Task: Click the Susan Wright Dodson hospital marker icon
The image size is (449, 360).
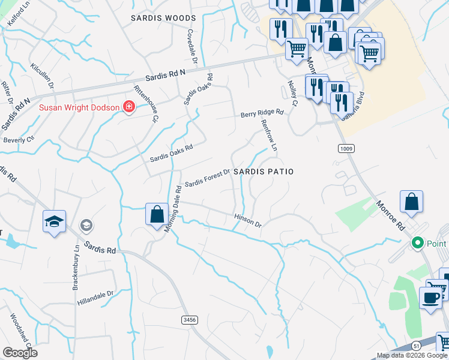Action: (128, 107)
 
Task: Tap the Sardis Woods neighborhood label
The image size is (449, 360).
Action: (163, 19)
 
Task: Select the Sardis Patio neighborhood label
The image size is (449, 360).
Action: (264, 172)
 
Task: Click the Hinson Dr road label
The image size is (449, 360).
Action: (248, 220)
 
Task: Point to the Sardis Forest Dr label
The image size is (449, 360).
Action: (207, 178)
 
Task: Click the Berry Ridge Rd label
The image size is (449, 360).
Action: (262, 113)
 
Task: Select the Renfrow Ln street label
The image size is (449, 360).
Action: (269, 135)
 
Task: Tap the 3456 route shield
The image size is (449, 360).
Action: (190, 320)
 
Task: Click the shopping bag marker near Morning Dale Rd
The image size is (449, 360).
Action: (157, 214)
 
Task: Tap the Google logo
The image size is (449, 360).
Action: (20, 353)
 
